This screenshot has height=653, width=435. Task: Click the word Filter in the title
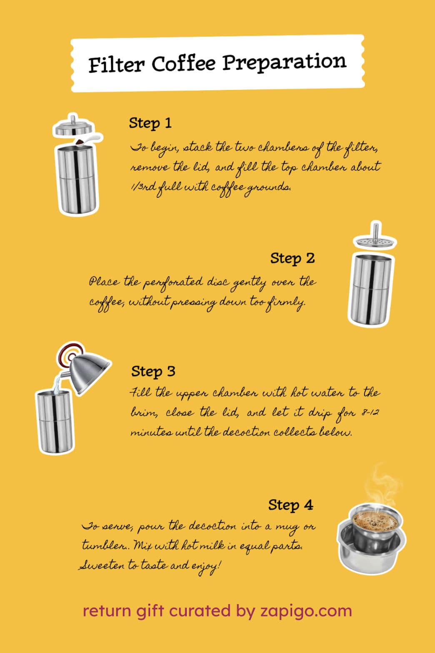click(x=116, y=65)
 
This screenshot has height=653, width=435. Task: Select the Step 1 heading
click(x=150, y=123)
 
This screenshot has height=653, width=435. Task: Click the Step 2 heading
click(x=292, y=259)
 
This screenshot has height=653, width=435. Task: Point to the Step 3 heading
click(x=153, y=371)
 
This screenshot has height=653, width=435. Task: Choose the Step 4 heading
click(x=290, y=505)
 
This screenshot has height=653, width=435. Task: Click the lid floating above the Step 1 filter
click(x=73, y=126)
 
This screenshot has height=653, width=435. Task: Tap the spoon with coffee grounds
click(x=88, y=140)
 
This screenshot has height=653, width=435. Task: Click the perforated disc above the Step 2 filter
click(x=375, y=238)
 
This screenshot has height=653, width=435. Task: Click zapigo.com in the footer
click(x=306, y=611)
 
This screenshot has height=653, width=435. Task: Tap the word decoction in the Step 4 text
click(x=212, y=526)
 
